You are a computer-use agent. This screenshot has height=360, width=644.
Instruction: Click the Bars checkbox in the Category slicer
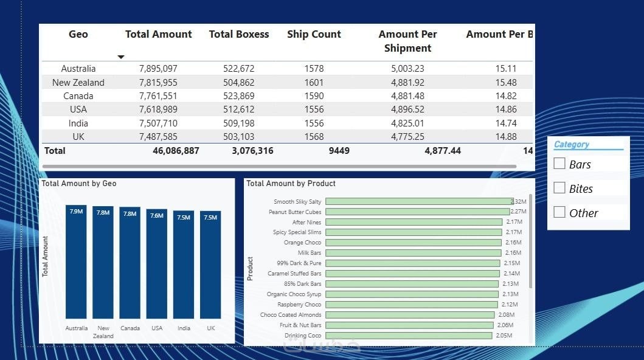(559, 164)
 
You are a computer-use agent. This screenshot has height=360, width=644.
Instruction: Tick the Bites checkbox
(559, 188)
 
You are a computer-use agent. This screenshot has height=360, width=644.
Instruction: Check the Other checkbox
(559, 212)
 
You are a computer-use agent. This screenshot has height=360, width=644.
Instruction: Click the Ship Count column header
(314, 35)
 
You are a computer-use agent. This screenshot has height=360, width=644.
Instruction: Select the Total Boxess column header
(239, 35)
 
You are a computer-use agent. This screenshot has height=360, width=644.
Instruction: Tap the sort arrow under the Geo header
(121, 57)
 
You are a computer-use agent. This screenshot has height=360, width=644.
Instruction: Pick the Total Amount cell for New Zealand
(158, 82)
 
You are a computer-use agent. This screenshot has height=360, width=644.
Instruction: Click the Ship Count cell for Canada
(314, 96)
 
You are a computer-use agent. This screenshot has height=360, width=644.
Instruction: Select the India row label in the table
(78, 123)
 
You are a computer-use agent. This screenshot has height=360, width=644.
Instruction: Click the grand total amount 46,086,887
(176, 150)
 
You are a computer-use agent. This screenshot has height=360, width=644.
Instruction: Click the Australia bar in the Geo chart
(76, 261)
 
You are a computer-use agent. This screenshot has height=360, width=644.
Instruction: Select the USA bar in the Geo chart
(157, 264)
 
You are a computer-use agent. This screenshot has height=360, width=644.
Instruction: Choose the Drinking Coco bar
(409, 335)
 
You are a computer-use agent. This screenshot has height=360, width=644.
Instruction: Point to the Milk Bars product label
(310, 253)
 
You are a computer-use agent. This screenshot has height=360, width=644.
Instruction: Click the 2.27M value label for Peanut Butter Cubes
(519, 212)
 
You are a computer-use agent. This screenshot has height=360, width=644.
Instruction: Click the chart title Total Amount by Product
(291, 183)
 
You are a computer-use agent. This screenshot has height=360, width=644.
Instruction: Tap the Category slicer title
(572, 145)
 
